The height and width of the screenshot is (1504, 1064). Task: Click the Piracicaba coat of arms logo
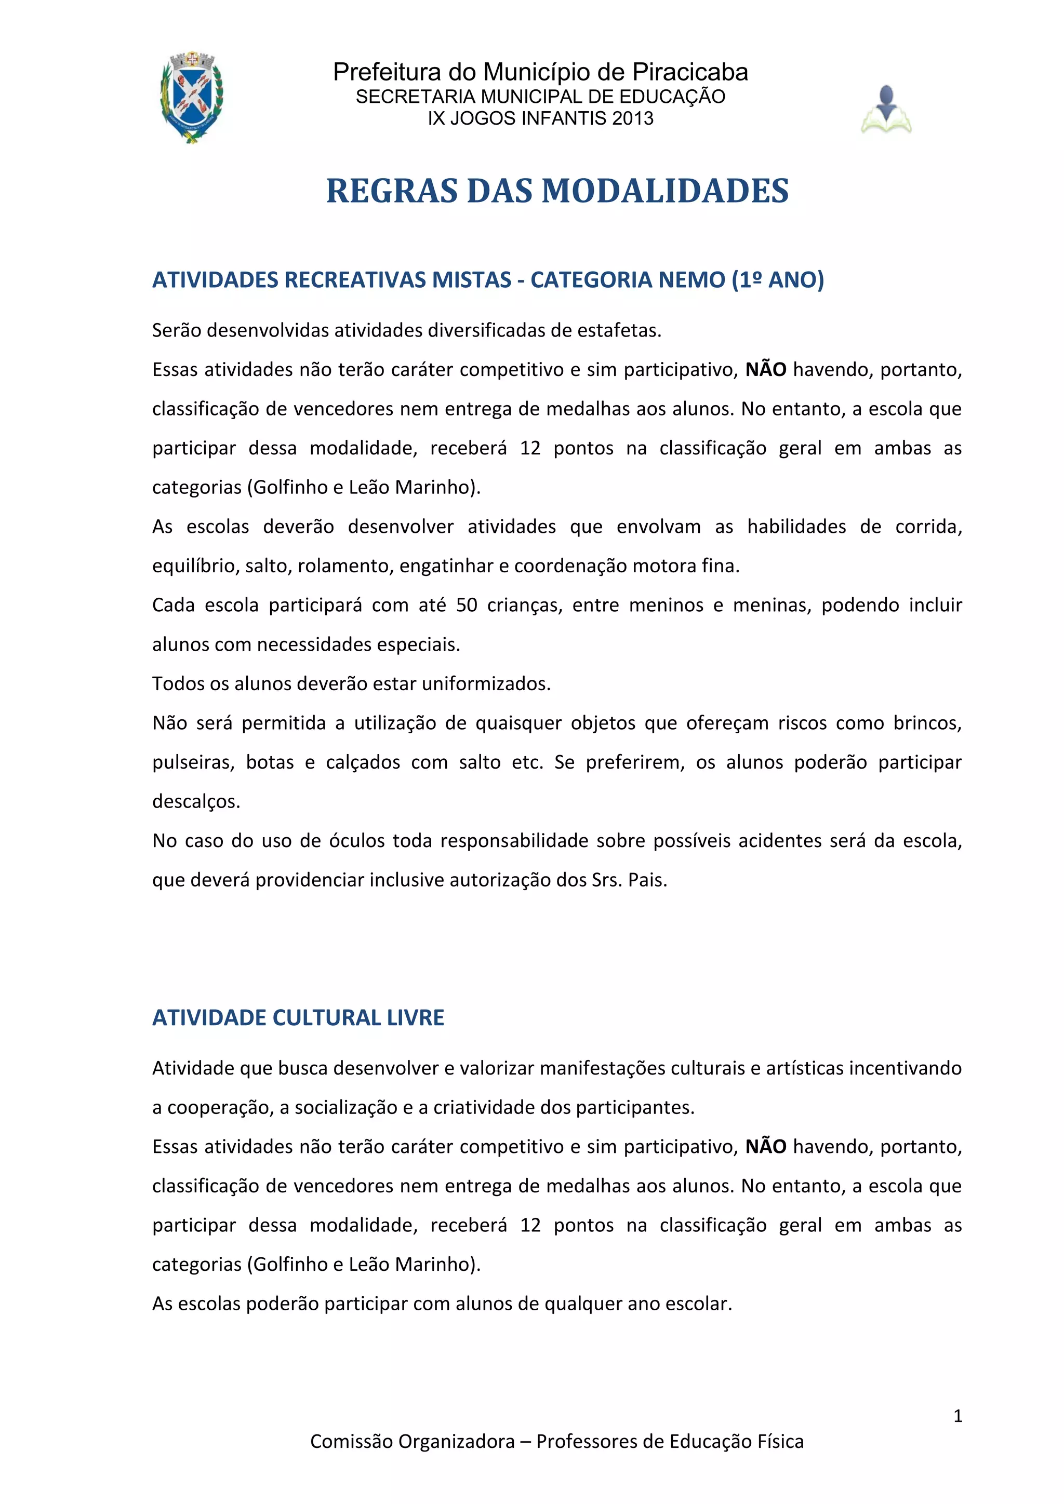click(x=192, y=97)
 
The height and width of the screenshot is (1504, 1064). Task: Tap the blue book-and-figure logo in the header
click(x=886, y=110)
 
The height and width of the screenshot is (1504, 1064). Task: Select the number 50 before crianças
click(x=467, y=605)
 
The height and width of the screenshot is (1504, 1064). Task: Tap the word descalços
click(x=196, y=802)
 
